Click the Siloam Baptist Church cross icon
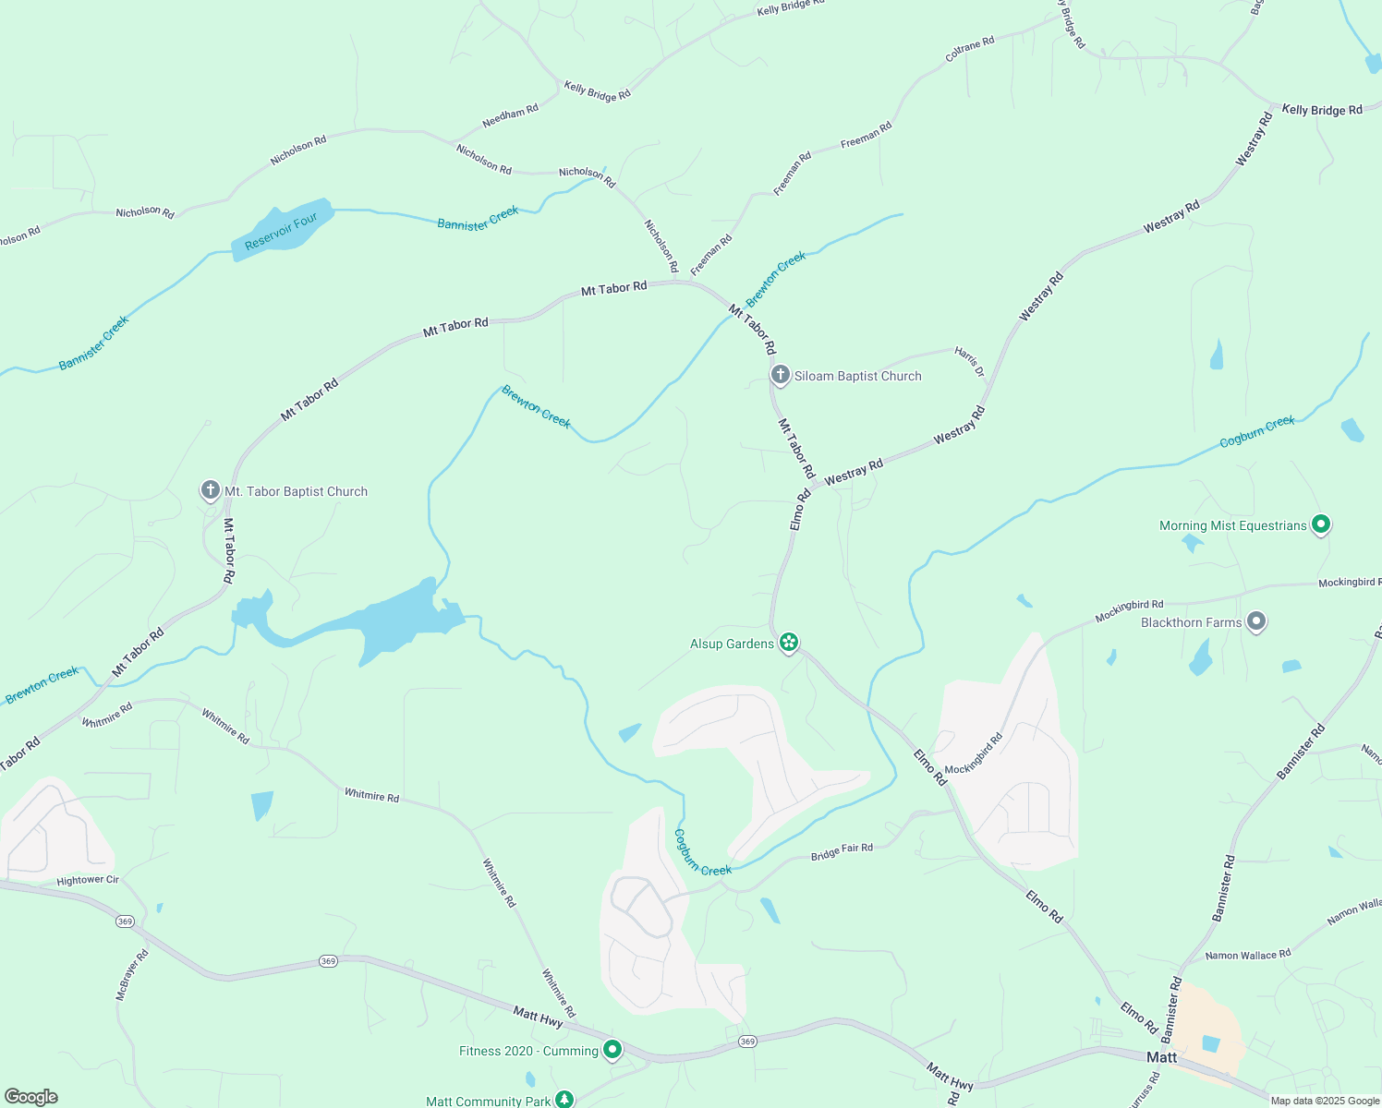pyautogui.click(x=781, y=375)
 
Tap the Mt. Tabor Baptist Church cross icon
pyautogui.click(x=211, y=490)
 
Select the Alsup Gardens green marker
pyautogui.click(x=788, y=642)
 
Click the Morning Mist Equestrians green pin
pyautogui.click(x=1321, y=524)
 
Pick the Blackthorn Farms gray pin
pyautogui.click(x=1255, y=621)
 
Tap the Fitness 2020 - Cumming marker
pyautogui.click(x=612, y=1050)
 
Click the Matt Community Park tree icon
pyautogui.click(x=564, y=1100)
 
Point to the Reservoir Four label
pyautogui.click(x=281, y=231)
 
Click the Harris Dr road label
pyautogui.click(x=969, y=362)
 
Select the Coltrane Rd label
pyautogui.click(x=969, y=49)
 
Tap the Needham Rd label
pyautogui.click(x=510, y=117)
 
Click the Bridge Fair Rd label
pyautogui.click(x=842, y=852)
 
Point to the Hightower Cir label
pyautogui.click(x=88, y=880)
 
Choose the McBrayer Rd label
pyautogui.click(x=132, y=975)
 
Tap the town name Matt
pyautogui.click(x=1161, y=1057)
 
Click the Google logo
pyautogui.click(x=31, y=1097)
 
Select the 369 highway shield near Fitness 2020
pyautogui.click(x=747, y=1042)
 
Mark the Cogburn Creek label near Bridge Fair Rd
pyautogui.click(x=701, y=853)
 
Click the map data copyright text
pyautogui.click(x=1324, y=1101)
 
